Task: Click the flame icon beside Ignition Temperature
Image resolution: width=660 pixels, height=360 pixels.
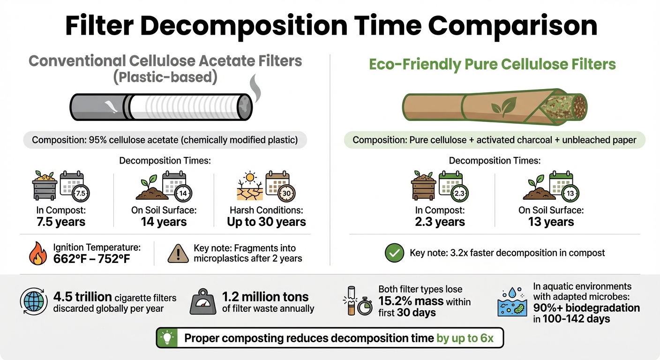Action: click(x=38, y=253)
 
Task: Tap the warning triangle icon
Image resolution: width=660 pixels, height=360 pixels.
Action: click(x=179, y=254)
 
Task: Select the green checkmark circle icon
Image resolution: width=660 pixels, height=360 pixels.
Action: click(x=394, y=253)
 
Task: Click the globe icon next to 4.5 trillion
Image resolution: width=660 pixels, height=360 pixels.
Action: click(x=32, y=301)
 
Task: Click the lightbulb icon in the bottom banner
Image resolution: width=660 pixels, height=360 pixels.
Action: click(x=167, y=337)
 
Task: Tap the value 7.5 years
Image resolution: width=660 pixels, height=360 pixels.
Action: click(x=61, y=222)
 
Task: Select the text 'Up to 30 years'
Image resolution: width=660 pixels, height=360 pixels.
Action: click(x=266, y=222)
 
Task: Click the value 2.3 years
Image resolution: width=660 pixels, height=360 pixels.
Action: click(x=440, y=222)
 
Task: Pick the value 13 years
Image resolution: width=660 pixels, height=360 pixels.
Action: click(x=551, y=222)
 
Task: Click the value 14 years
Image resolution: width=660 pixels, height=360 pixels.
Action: click(x=164, y=222)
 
